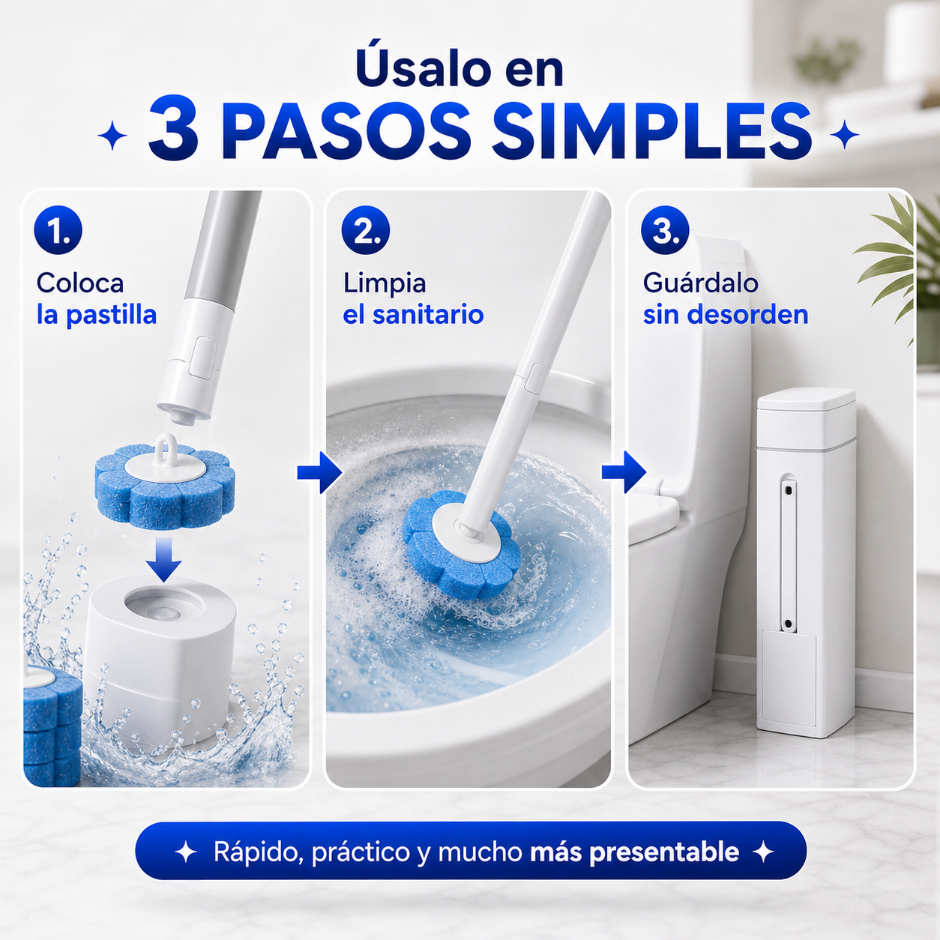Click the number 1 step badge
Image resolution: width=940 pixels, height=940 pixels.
coord(58,230)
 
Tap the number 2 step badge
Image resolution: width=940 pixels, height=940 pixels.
coord(366,230)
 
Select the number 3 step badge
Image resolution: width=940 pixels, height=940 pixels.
coord(665,230)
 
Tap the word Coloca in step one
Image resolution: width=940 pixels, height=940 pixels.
coord(80,283)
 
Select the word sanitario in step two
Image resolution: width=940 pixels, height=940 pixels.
coord(428,314)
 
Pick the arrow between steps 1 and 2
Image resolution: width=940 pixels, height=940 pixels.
coord(319,472)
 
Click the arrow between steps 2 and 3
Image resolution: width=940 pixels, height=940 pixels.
coord(624,472)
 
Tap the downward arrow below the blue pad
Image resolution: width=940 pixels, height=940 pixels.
coord(164,559)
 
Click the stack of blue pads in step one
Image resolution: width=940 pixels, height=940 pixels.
coord(52,725)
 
